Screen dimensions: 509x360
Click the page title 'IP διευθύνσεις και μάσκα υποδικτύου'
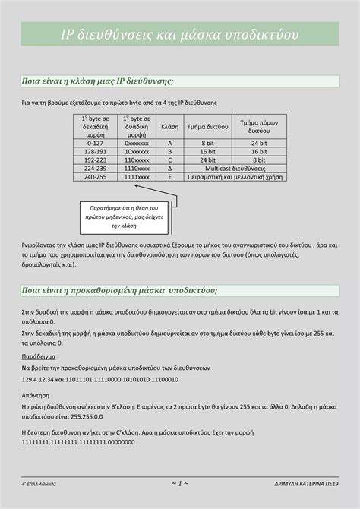(x=180, y=35)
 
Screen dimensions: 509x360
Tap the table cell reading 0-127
(x=95, y=143)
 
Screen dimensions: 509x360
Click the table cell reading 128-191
(x=95, y=151)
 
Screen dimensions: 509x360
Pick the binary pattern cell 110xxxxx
(x=137, y=160)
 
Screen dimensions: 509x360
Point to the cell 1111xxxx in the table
(x=137, y=176)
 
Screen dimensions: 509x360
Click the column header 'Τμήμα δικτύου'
(x=207, y=126)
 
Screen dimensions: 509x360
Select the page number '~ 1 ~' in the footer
(x=180, y=482)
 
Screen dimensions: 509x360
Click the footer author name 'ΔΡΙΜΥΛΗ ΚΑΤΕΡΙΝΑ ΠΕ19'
(x=306, y=483)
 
